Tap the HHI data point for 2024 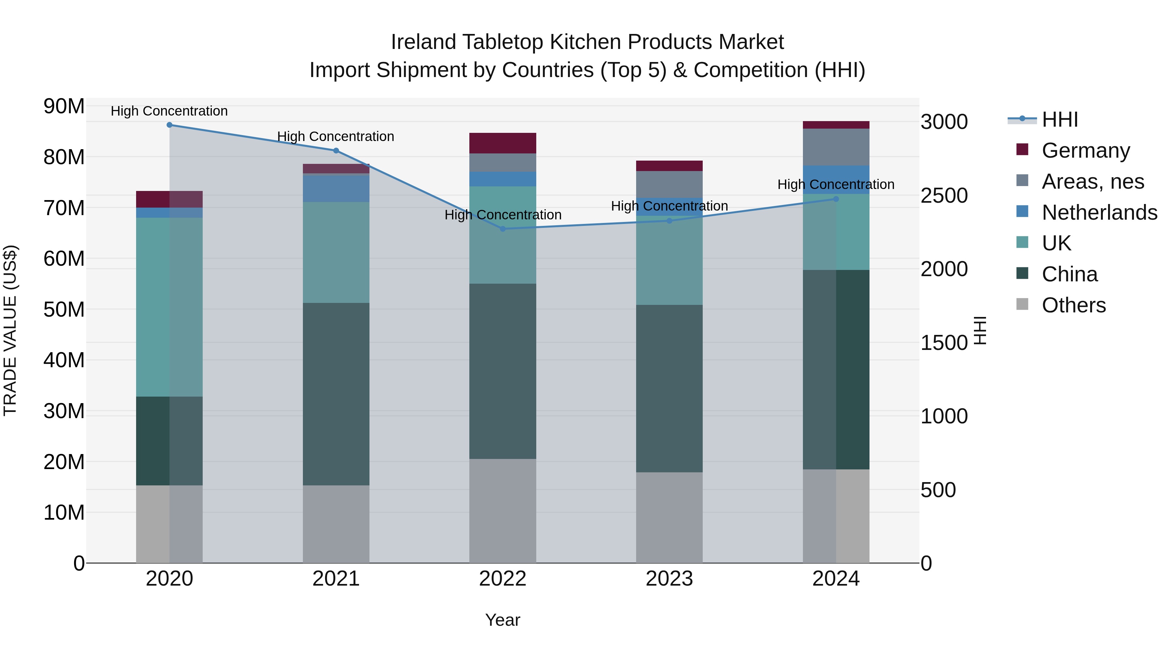click(836, 199)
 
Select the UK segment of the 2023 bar click(669, 260)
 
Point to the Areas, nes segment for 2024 click(836, 147)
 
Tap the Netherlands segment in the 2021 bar click(336, 188)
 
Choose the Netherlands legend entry click(1099, 212)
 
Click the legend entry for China click(1069, 274)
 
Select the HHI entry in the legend click(1059, 119)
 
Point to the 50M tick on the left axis click(64, 310)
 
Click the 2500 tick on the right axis click(944, 196)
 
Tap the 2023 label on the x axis click(669, 579)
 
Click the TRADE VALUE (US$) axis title click(10, 330)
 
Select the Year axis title click(503, 620)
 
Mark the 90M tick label click(64, 106)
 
